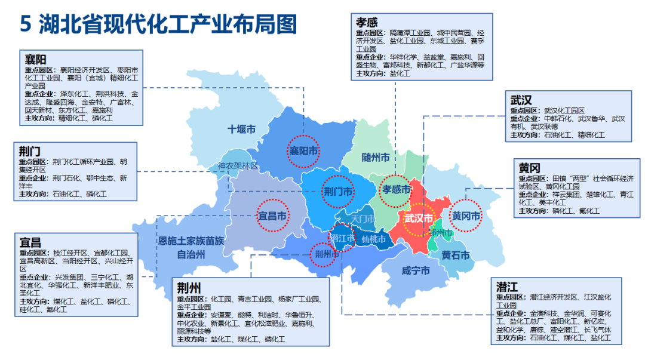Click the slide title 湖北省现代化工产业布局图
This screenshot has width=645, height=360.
[168, 24]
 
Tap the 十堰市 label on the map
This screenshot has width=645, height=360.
[241, 129]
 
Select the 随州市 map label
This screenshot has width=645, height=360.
[376, 158]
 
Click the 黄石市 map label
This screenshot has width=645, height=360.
[456, 256]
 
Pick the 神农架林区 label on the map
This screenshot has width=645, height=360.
[238, 166]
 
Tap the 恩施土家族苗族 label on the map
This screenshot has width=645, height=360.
[191, 241]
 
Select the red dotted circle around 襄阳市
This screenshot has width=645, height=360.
[303, 150]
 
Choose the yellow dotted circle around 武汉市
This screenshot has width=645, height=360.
[419, 218]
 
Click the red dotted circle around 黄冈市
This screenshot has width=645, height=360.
[465, 216]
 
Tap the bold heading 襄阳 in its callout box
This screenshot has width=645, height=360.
[35, 60]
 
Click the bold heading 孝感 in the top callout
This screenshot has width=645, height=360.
[367, 22]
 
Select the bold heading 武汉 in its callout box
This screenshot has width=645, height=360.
[521, 100]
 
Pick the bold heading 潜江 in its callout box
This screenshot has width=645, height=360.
[507, 285]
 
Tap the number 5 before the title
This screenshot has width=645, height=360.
[25, 24]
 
